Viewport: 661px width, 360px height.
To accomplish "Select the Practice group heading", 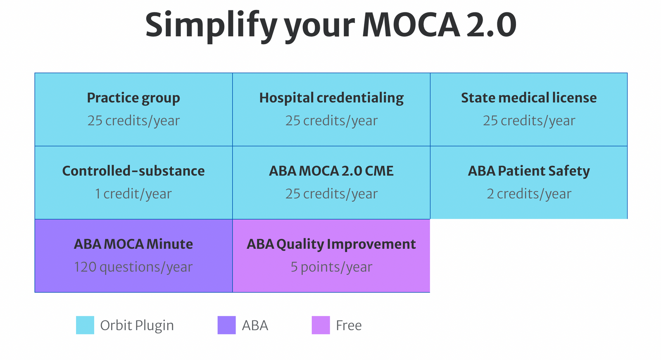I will coord(133,98).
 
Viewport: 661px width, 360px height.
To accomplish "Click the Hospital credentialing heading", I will coord(331,98).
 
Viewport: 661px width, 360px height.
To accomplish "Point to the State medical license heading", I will coord(529,98).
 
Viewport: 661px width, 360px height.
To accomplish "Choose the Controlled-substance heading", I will coord(133,171).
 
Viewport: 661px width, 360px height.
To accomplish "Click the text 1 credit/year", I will coord(133,193).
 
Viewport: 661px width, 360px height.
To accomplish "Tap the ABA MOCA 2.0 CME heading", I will coord(331,171).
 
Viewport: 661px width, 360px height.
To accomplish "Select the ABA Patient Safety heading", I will coord(529,171).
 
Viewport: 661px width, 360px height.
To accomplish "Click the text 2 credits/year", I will coord(529,193).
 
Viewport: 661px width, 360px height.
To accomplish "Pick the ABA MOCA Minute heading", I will coord(133,244).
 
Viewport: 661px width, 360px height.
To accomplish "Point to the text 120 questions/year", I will coord(133,267).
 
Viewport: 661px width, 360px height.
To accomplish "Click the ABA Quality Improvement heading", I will coord(331,244).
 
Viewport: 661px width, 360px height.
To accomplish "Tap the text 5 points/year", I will coord(331,267).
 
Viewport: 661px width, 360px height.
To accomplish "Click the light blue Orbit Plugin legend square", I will coord(85,325).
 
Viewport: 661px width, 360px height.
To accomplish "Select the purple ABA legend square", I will coord(226,325).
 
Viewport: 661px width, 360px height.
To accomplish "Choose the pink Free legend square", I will coord(321,325).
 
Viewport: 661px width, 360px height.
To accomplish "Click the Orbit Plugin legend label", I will coord(137,326).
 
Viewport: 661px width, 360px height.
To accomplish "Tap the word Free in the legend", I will coord(349,326).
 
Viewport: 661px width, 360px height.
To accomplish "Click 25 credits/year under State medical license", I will coord(529,121).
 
